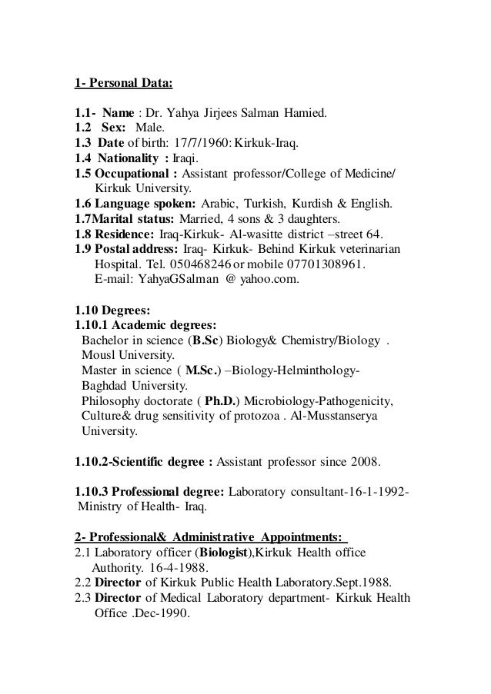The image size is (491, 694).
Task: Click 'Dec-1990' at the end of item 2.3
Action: coord(163,613)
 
